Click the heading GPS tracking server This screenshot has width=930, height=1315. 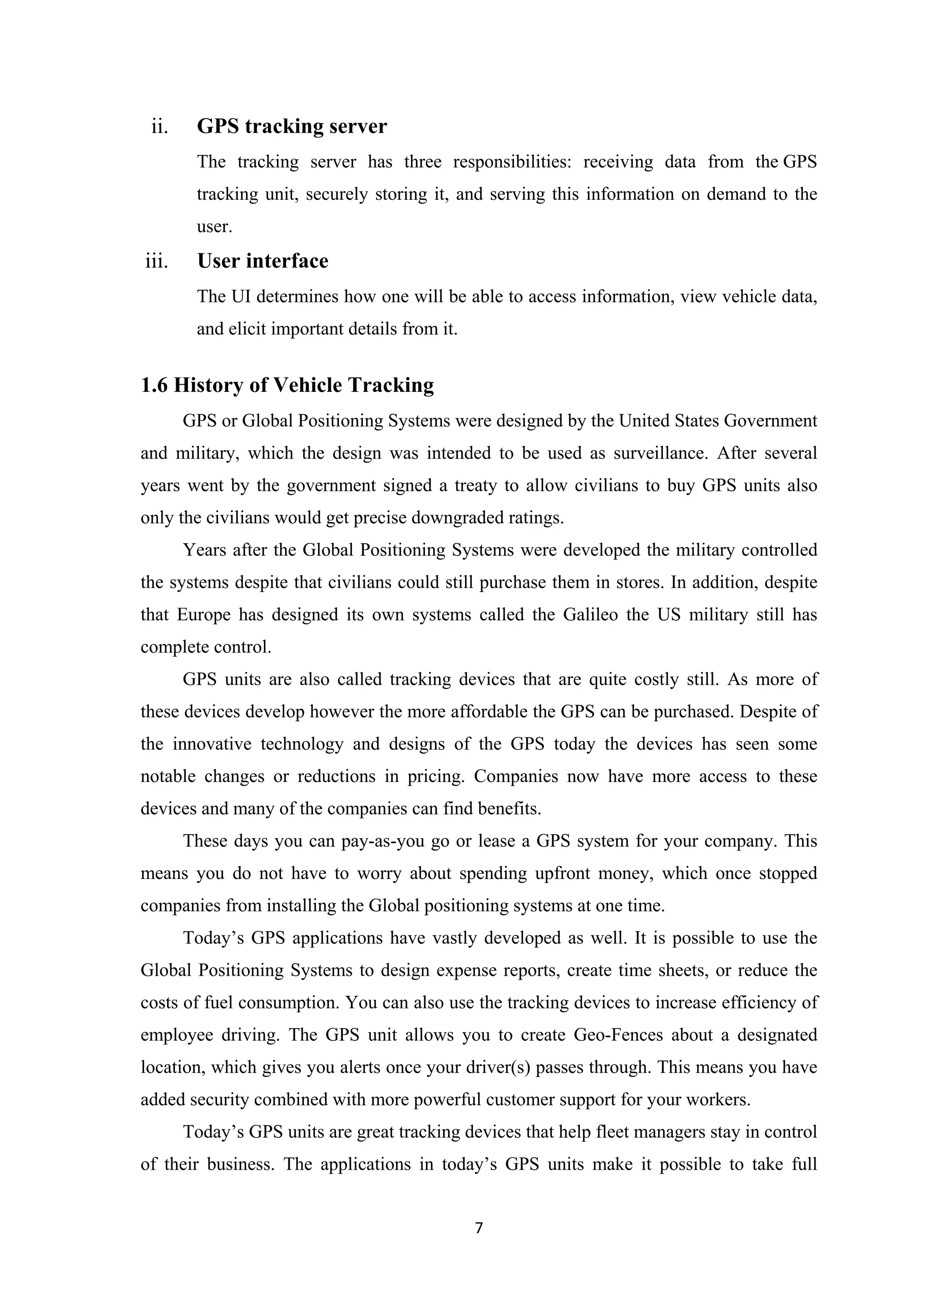point(292,126)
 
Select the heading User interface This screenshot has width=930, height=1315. point(262,261)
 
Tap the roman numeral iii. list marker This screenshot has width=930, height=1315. point(157,262)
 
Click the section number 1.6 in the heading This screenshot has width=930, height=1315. point(154,386)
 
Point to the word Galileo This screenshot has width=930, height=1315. point(590,614)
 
